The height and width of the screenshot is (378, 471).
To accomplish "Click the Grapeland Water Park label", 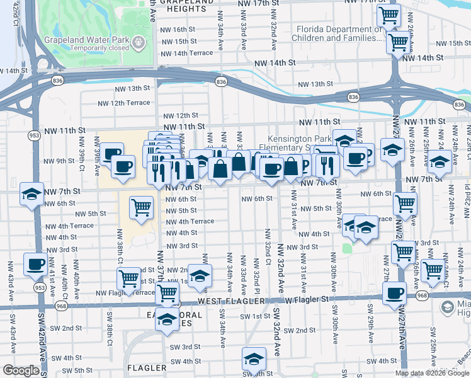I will pos(87,40).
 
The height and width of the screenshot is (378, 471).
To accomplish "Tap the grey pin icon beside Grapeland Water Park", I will pos(139,42).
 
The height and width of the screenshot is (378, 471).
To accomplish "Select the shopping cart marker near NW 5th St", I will pos(142,207).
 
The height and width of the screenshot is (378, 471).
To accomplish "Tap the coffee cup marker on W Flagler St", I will pos(395,293).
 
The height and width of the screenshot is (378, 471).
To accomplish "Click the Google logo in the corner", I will pos(21,370).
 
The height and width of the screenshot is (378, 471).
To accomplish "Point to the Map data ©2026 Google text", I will pos(432,373).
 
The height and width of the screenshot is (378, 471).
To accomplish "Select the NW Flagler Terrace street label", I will pos(125,293).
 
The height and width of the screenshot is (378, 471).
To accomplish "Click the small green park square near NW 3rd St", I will pos(346,248).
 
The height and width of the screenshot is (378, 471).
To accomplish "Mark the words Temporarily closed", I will pos(87,49).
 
